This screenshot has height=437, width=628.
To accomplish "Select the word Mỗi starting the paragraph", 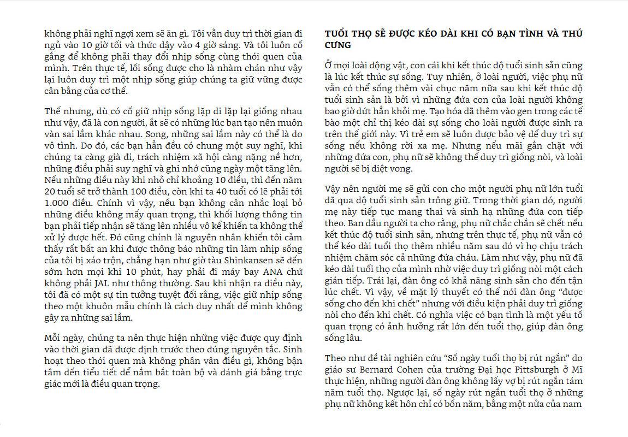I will coord(54,338).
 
